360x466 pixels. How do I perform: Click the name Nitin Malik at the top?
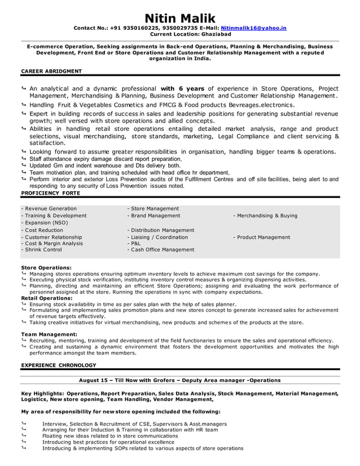click(180, 18)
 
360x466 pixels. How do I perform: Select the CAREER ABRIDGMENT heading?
click(51, 71)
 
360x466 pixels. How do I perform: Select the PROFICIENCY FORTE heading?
click(50, 193)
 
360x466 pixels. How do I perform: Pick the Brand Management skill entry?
click(154, 216)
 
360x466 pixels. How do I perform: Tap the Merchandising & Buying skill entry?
click(265, 216)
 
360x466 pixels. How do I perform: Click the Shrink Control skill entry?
click(41, 249)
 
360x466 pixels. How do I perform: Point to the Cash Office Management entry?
click(161, 249)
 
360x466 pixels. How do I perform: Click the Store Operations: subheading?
click(46, 267)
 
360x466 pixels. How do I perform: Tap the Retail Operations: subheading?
click(47, 298)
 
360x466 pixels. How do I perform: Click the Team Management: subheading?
click(49, 335)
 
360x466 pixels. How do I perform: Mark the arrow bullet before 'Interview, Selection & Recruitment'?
click(24, 423)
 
